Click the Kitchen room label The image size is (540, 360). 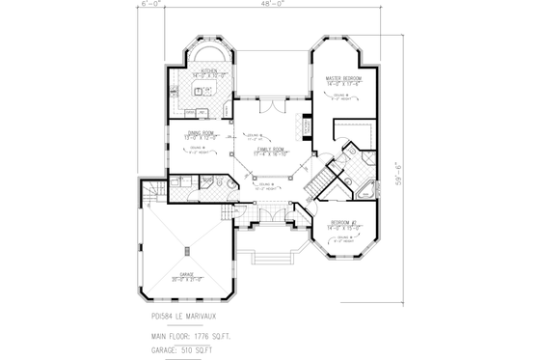click(202, 71)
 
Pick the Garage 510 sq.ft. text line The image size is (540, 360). click(185, 350)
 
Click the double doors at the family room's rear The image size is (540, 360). click(271, 104)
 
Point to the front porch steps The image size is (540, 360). click(272, 256)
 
